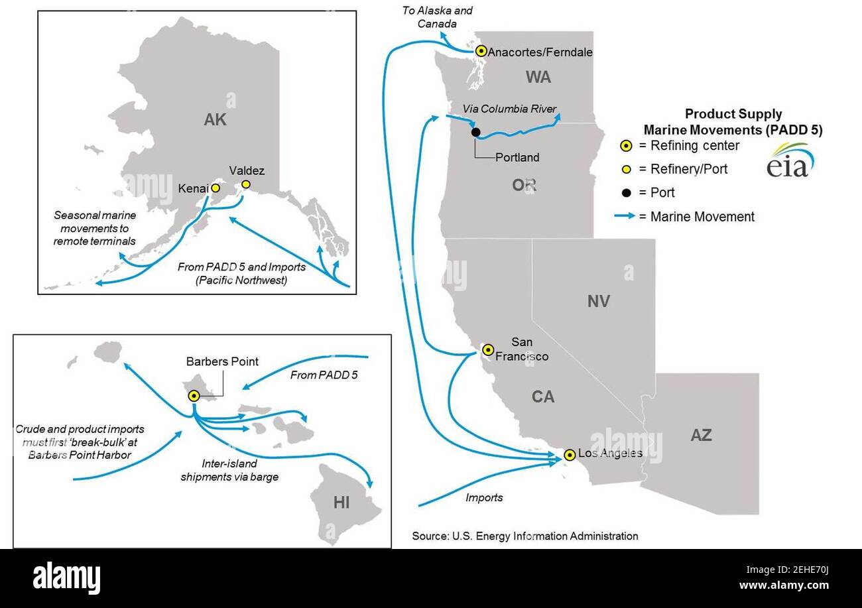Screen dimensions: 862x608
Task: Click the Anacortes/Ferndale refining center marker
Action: (x=481, y=51)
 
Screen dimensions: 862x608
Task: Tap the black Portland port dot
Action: (x=475, y=133)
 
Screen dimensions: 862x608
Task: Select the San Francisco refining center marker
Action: (x=488, y=350)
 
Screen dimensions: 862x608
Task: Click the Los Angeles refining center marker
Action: (x=570, y=455)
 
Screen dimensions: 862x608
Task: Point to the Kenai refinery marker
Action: (x=215, y=188)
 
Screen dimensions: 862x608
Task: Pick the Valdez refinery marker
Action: (x=245, y=185)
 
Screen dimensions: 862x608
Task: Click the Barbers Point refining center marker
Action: (x=194, y=396)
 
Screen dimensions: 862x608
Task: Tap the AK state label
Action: (x=215, y=119)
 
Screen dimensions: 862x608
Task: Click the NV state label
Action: (x=598, y=301)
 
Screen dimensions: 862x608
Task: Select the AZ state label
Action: (x=701, y=435)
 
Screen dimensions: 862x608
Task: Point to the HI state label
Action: (x=341, y=503)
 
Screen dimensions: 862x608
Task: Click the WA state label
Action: (x=538, y=78)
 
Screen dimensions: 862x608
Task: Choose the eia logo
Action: (x=790, y=160)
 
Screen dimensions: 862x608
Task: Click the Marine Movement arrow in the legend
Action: (x=625, y=215)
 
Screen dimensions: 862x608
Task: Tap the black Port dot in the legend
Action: (x=626, y=192)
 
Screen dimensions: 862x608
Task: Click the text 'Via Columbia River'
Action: (x=509, y=109)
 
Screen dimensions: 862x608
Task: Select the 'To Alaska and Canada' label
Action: (x=437, y=17)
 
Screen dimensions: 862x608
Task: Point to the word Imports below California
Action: (x=484, y=497)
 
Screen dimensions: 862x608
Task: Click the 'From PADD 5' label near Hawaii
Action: (x=324, y=375)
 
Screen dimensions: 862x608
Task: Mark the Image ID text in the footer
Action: (x=787, y=570)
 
